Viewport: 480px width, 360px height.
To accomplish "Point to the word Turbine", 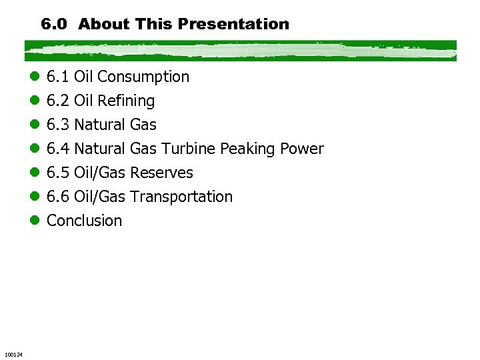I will pyautogui.click(x=188, y=149).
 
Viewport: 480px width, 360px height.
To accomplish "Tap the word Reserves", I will pyautogui.click(x=161, y=173).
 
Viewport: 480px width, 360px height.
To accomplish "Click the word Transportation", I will pyautogui.click(x=181, y=197).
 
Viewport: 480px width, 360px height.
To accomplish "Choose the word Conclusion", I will pyautogui.click(x=85, y=221).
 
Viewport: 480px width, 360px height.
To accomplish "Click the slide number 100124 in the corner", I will pyautogui.click(x=13, y=353).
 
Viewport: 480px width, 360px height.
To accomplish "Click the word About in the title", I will pyautogui.click(x=103, y=25).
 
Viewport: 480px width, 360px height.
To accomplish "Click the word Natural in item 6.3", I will pyautogui.click(x=100, y=125).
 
